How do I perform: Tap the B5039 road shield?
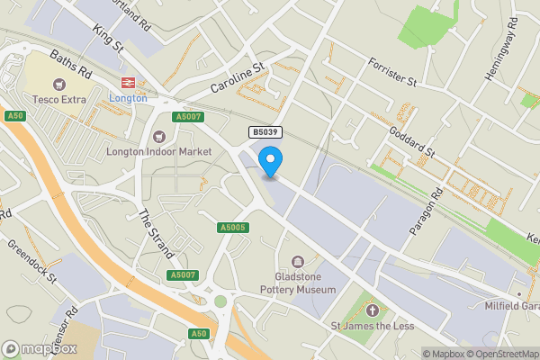click(x=265, y=132)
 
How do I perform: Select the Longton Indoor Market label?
click(x=158, y=151)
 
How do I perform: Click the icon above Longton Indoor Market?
click(x=158, y=136)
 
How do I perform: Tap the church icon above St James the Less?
click(x=372, y=310)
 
